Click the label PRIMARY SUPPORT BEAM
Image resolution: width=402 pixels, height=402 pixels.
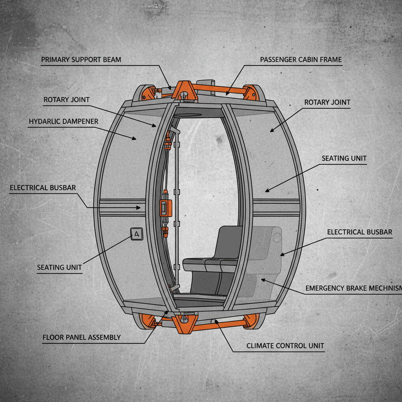click(x=81, y=60)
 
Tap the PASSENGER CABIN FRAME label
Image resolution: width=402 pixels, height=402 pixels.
click(x=301, y=60)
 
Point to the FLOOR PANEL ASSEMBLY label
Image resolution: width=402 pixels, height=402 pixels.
click(x=81, y=337)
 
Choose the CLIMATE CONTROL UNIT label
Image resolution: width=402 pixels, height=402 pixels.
click(x=285, y=346)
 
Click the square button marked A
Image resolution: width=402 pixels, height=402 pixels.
click(x=136, y=234)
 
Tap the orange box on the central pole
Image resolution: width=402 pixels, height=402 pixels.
click(x=166, y=207)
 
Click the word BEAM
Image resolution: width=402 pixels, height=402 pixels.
click(x=112, y=60)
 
